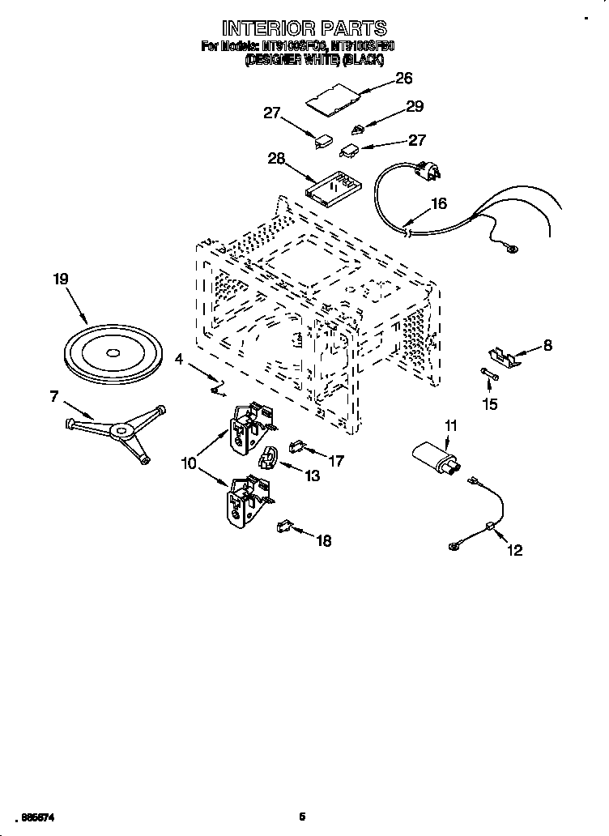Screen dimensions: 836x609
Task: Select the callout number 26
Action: pos(402,78)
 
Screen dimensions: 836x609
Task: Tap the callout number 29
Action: pos(414,106)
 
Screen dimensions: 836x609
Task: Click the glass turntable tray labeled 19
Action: pos(110,354)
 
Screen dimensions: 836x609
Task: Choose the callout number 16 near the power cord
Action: pos(438,204)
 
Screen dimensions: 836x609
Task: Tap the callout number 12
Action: pos(514,551)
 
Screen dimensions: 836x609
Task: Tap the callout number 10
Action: pos(189,464)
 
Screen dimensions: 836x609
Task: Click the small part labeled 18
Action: pos(283,527)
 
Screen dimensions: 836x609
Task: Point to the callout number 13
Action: pos(311,476)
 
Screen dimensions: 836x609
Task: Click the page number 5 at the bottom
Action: pos(301,817)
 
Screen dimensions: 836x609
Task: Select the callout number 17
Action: pos(335,461)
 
